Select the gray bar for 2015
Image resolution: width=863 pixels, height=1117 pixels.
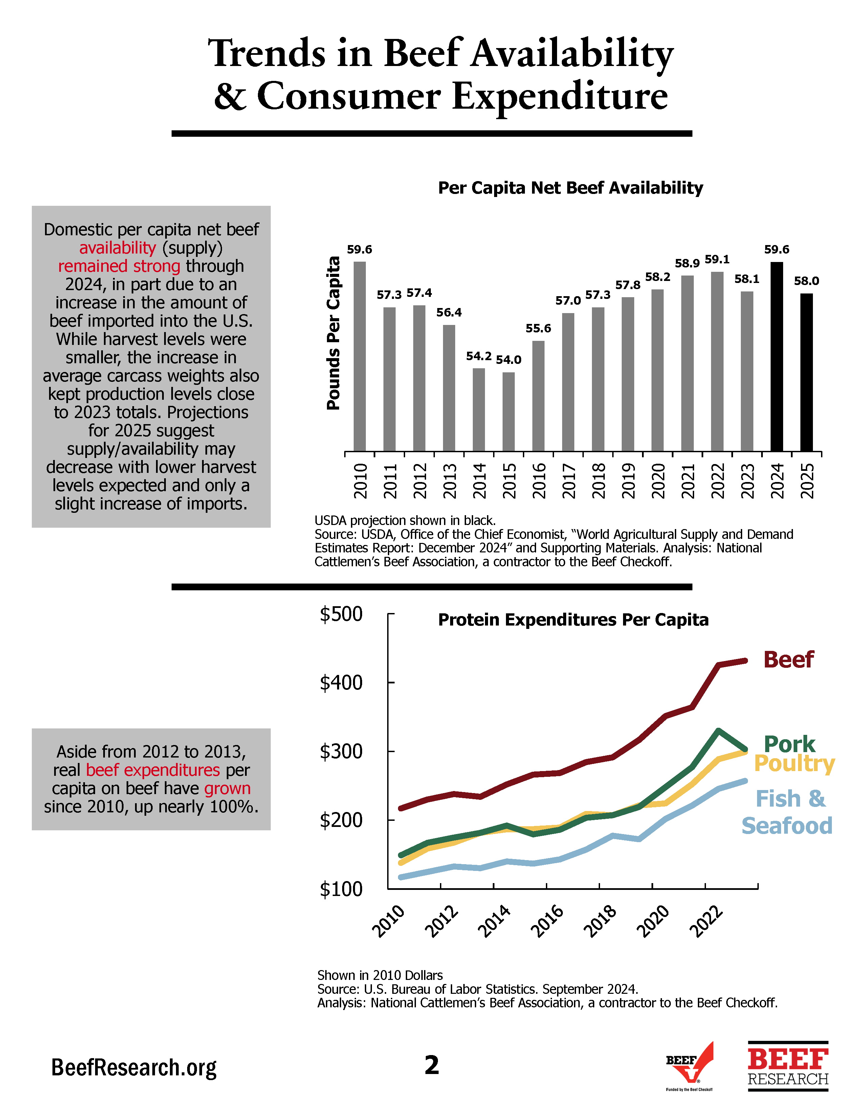(508, 412)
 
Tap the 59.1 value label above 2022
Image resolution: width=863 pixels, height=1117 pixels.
(717, 259)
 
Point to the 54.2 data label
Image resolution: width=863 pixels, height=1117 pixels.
(479, 356)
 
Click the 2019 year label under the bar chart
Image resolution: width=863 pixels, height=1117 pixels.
(628, 481)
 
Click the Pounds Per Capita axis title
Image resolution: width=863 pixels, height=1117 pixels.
(333, 333)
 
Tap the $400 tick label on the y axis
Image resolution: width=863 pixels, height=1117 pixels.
(341, 683)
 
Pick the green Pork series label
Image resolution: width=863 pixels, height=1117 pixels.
(789, 744)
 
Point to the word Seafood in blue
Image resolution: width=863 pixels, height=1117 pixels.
(787, 826)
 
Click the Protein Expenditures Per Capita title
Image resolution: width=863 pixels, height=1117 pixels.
(573, 620)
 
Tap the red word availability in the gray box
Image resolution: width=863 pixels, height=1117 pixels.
(117, 248)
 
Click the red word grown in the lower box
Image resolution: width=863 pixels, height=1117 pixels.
(227, 788)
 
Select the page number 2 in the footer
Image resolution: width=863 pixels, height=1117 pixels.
(431, 1065)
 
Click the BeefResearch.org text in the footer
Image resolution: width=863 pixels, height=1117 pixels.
(134, 1068)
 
